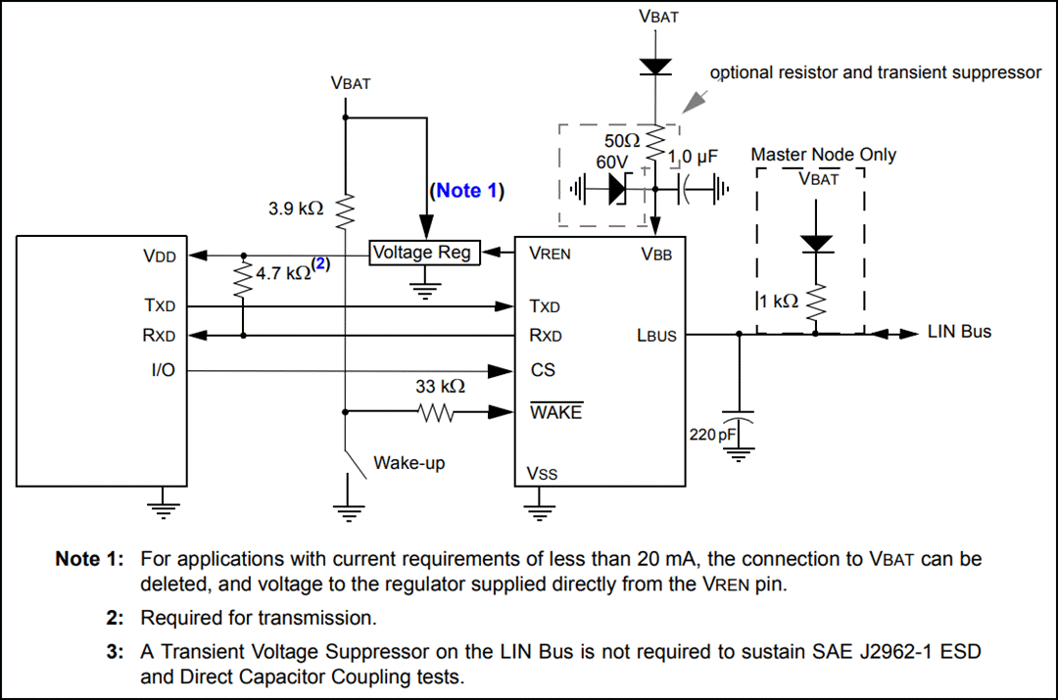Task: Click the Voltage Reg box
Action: pyautogui.click(x=422, y=253)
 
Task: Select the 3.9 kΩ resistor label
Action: pyautogui.click(x=295, y=209)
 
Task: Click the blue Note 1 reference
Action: pyautogui.click(x=465, y=191)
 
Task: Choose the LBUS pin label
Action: pyautogui.click(x=655, y=336)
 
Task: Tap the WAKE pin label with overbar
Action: pyautogui.click(x=554, y=412)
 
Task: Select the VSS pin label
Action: pyautogui.click(x=542, y=474)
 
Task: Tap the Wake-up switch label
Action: pyautogui.click(x=409, y=462)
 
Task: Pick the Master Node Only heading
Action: pyautogui.click(x=823, y=155)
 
